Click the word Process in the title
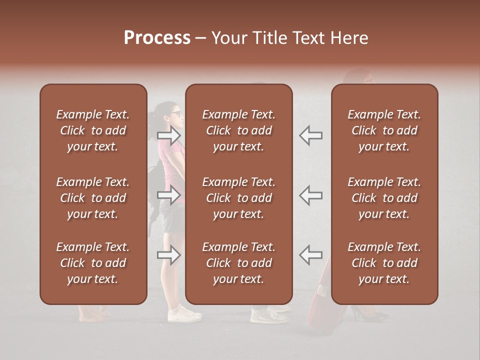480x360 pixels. coord(157,38)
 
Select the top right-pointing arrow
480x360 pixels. coord(169,135)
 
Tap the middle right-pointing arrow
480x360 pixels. coord(169,195)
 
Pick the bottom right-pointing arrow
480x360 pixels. coord(169,255)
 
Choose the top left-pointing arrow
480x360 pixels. coord(311,135)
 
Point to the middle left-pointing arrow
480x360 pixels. coord(311,195)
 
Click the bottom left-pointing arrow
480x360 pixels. coord(311,255)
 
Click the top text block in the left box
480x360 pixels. coord(93,130)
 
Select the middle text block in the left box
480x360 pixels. coord(93,198)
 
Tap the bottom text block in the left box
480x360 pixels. coord(93,263)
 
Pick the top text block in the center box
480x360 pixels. coord(239,130)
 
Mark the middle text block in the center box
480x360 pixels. coord(239,198)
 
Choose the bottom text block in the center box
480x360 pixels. coord(239,263)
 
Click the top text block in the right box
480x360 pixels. coord(384,130)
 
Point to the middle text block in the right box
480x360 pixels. coord(384,198)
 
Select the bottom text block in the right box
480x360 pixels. coord(384,263)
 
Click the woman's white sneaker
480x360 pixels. coord(184,314)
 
